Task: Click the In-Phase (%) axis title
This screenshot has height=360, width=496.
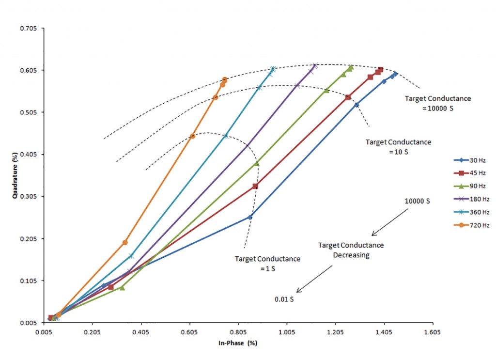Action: click(x=237, y=343)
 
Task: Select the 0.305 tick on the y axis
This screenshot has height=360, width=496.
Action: click(x=28, y=197)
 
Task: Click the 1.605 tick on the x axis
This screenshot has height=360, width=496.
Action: click(x=432, y=332)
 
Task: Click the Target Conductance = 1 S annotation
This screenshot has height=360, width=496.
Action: click(x=267, y=264)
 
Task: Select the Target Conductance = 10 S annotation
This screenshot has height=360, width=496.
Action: click(x=398, y=147)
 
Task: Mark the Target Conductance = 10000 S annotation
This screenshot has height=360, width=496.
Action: click(x=437, y=103)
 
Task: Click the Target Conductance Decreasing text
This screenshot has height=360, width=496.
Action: click(x=351, y=250)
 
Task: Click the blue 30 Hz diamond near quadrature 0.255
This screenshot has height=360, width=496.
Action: click(x=250, y=217)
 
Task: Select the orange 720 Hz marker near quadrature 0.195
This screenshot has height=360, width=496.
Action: click(x=125, y=242)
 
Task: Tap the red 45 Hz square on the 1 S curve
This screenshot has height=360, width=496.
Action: click(x=255, y=186)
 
